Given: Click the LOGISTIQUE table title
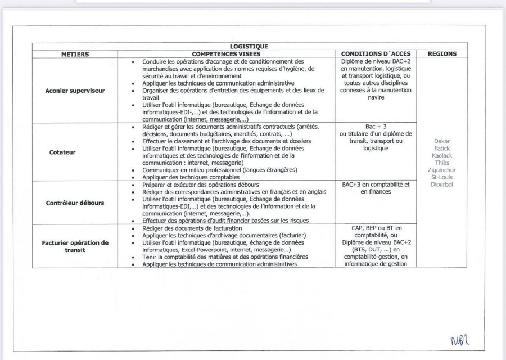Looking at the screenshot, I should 249,47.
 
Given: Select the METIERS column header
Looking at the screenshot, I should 75,54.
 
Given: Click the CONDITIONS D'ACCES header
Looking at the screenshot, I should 376,54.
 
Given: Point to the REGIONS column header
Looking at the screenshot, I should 442,54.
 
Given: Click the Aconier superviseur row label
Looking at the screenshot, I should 75,90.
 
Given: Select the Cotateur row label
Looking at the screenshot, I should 75,151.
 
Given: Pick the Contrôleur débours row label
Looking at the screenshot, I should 75,202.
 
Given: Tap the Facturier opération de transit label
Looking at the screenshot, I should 75,246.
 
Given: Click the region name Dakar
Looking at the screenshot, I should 442,141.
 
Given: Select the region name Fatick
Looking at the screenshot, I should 442,148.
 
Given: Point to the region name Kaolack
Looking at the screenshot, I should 442,155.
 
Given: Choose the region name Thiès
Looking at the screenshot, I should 442,162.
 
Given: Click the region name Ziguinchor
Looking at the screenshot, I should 442,169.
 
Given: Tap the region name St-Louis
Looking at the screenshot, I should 442,176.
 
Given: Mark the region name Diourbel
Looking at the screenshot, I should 442,183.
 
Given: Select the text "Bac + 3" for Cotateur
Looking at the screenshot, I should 376,127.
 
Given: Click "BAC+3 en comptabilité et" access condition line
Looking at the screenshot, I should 376,184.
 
